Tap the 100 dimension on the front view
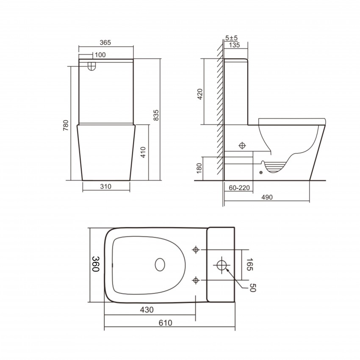[100, 55]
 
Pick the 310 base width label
[106, 186]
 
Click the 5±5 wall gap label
[231, 37]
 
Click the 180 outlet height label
[200, 168]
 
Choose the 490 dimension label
[266, 197]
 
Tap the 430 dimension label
[147, 310]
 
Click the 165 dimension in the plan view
[249, 265]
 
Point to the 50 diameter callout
[253, 288]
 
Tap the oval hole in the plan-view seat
[160, 265]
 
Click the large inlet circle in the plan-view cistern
[222, 266]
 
